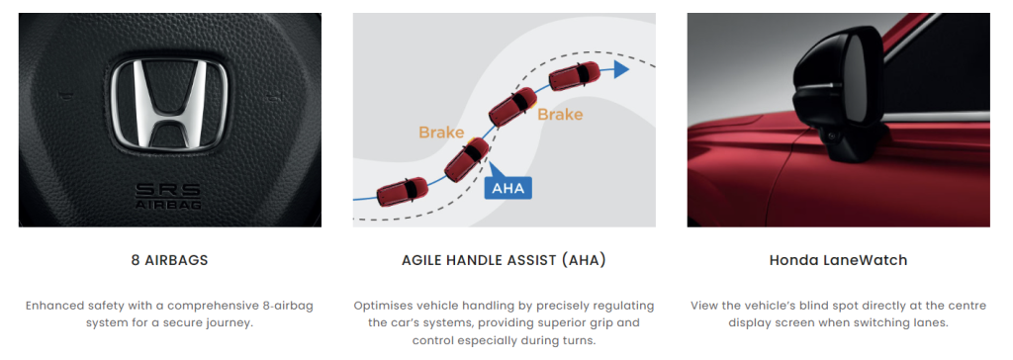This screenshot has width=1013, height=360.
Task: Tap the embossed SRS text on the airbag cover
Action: coord(168,191)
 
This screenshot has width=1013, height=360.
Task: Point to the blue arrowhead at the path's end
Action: coord(621,70)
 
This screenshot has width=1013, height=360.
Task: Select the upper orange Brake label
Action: coord(560,115)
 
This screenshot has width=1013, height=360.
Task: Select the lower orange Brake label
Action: coord(441,133)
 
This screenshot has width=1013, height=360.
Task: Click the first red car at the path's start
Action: coord(402,191)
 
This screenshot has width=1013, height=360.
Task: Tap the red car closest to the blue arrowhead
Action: coord(575,75)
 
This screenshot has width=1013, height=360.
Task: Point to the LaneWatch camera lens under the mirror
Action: coord(828,135)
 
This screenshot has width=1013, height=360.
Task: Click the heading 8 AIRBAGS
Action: coord(169,260)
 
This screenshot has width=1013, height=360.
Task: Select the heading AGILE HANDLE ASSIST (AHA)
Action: coord(504,260)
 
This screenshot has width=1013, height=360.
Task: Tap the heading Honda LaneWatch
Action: coord(839,260)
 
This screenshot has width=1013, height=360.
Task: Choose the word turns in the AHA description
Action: coord(578,340)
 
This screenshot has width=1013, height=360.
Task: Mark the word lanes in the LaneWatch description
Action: coord(931,321)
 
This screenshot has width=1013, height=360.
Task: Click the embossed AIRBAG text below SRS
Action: coord(168,205)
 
